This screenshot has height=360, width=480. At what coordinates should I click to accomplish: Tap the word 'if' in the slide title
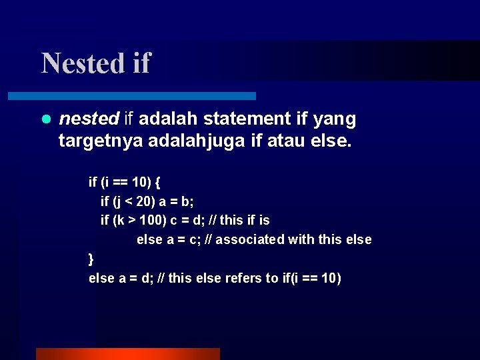coord(141,63)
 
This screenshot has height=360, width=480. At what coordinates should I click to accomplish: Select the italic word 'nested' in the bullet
coord(89,119)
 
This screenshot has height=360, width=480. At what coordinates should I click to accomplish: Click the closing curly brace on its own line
coord(91,259)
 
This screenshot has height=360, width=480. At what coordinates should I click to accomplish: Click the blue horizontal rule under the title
coord(147,96)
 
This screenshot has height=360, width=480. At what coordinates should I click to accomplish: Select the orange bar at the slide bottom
coord(127,353)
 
